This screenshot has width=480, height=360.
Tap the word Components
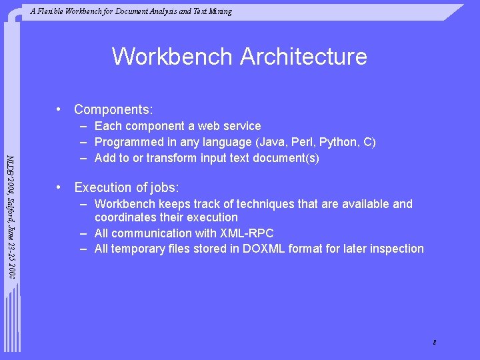[112, 109]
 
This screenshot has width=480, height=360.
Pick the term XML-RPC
[247, 233]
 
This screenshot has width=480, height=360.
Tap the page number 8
[434, 343]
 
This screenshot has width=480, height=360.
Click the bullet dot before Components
[59, 109]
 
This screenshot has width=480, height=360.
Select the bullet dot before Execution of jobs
[59, 187]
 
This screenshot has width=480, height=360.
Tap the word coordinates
[126, 217]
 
